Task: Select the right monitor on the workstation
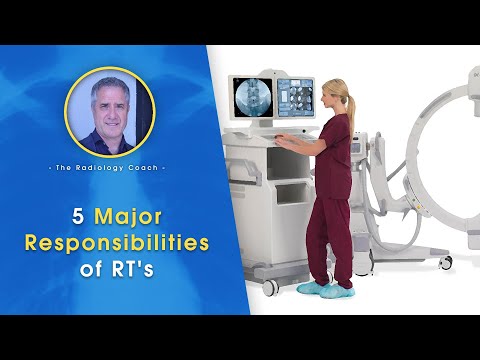coord(295,99)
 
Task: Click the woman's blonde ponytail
coord(352,102)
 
